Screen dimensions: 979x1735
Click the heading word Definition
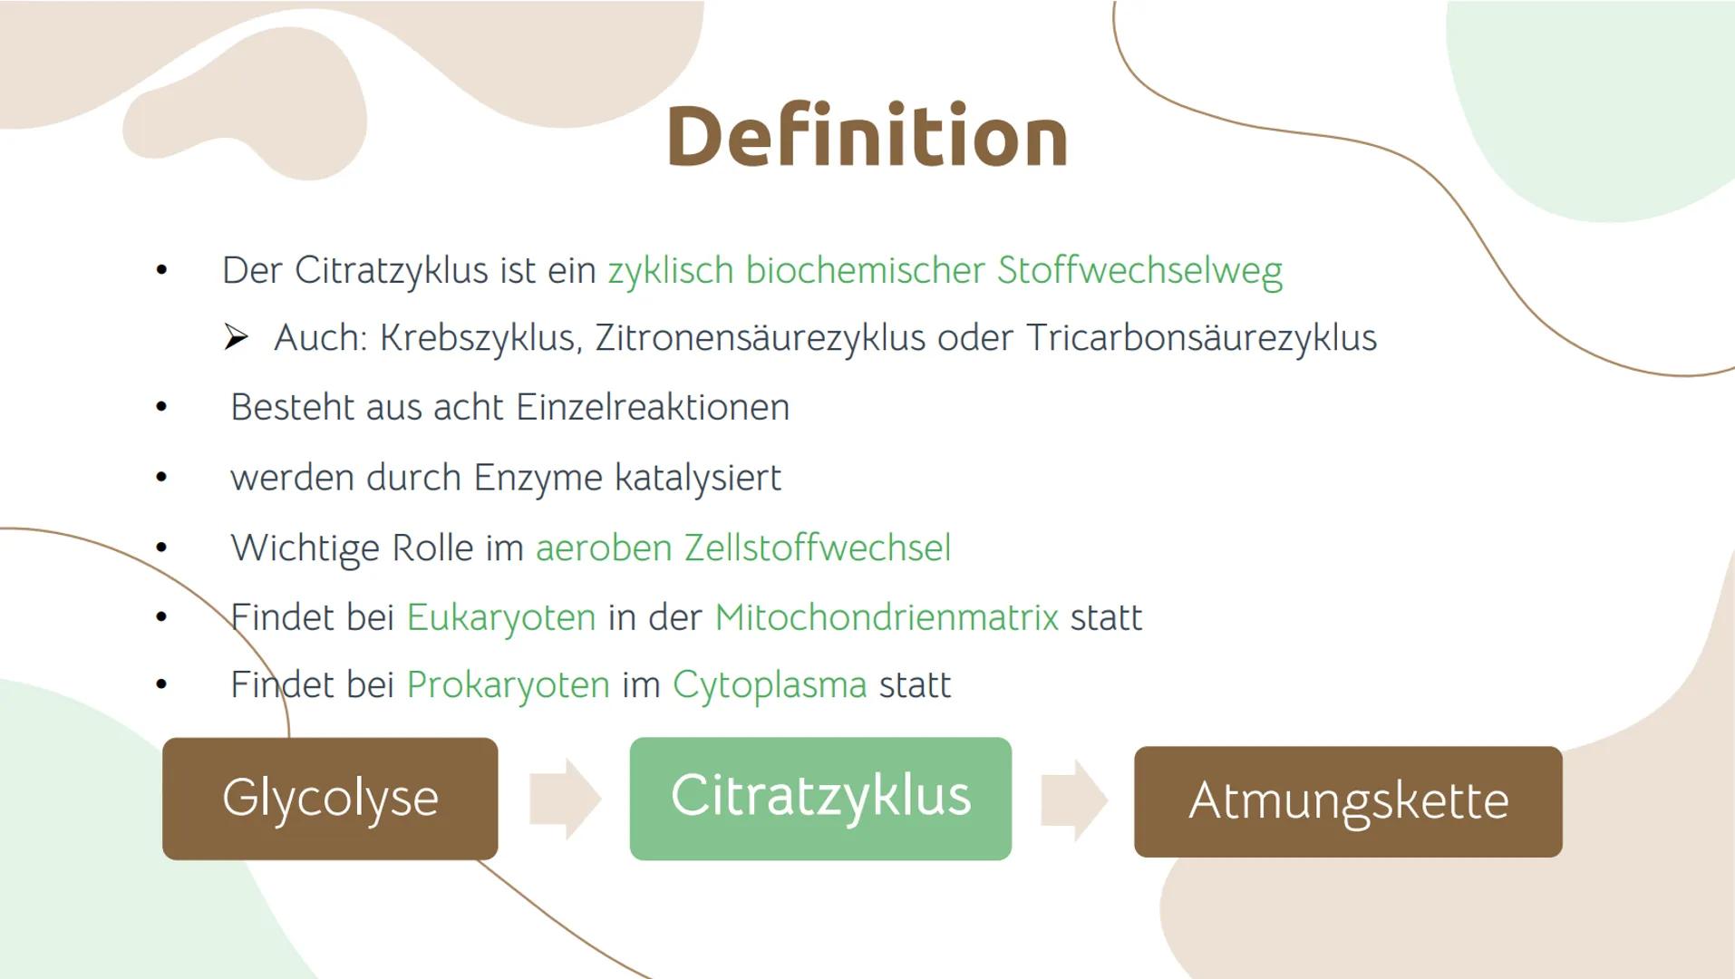[x=867, y=138]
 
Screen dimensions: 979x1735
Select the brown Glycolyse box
[x=330, y=799]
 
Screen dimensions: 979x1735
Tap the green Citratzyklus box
[x=820, y=799]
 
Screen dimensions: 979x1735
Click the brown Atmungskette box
[x=1348, y=801]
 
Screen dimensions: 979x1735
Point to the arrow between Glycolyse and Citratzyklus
[x=564, y=799]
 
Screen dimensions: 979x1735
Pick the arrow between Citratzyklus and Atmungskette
[x=1073, y=800]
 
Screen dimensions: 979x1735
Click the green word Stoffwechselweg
[x=1139, y=270]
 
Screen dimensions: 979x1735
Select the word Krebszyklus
[x=479, y=338]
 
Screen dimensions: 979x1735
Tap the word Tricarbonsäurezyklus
[x=1201, y=338]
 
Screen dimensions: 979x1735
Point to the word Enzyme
[x=537, y=478]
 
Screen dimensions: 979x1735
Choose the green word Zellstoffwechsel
[x=817, y=548]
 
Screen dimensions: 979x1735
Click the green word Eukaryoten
[x=500, y=617]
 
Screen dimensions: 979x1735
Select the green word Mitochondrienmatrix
[x=886, y=617]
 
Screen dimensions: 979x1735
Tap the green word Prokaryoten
[x=508, y=685]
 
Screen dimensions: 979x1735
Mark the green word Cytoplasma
[x=769, y=685]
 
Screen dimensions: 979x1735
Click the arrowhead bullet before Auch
[x=236, y=338]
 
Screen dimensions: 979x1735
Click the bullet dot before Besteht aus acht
[x=161, y=407]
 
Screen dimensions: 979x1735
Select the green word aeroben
[x=604, y=548]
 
